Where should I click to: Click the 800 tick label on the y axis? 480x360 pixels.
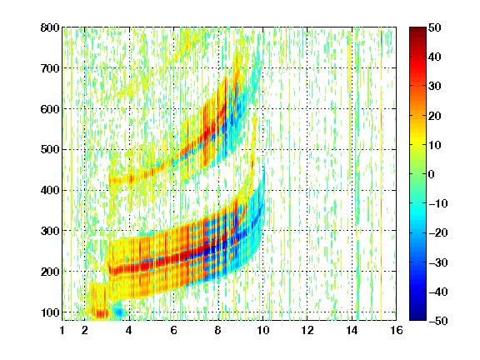(50, 27)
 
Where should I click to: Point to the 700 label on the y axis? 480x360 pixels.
(50, 68)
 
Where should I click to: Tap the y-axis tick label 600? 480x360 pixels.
(50, 109)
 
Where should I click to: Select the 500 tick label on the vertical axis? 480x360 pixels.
(50, 150)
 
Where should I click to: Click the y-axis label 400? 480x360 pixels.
(50, 190)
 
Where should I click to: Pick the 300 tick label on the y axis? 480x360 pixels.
(50, 231)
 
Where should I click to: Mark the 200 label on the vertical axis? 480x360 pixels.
(50, 272)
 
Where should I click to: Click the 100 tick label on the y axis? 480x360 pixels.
(50, 312)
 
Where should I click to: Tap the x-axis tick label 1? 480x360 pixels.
(62, 330)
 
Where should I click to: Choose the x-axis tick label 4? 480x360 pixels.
(129, 330)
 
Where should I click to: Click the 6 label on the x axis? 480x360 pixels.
(173, 330)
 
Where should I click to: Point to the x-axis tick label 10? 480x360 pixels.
(263, 330)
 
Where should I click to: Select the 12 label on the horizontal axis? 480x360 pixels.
(307, 330)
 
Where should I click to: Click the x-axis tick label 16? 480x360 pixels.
(397, 330)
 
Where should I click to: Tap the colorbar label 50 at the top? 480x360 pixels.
(434, 27)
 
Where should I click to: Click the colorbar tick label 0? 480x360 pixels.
(432, 174)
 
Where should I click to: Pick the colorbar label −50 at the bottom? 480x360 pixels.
(438, 321)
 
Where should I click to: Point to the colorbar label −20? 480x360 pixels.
(438, 232)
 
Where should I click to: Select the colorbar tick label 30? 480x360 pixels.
(434, 87)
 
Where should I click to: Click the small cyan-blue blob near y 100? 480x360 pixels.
(119, 312)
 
